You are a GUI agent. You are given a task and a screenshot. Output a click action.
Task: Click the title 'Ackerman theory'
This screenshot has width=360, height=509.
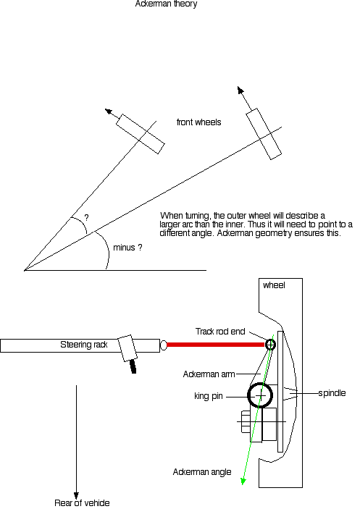click(166, 4)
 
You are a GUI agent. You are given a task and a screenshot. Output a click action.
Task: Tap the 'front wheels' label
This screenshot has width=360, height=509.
click(198, 122)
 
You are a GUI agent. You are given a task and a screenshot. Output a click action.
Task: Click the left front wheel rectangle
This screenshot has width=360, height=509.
click(141, 134)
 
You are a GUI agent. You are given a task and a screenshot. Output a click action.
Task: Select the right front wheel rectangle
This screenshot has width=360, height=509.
click(264, 134)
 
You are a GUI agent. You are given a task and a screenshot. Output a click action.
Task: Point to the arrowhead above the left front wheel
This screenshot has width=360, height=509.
click(109, 112)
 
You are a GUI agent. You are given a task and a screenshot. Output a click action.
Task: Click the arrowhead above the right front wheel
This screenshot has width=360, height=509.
click(240, 91)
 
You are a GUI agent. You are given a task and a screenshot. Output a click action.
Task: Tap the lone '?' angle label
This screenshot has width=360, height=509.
click(86, 217)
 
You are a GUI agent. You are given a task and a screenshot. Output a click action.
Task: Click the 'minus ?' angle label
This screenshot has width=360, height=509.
click(127, 248)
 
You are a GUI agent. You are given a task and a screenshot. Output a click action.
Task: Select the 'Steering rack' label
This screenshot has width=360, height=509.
click(84, 345)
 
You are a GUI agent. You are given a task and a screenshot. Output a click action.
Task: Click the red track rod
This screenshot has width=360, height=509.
click(216, 345)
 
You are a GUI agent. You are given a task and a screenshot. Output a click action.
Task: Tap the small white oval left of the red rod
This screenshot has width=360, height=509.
click(164, 345)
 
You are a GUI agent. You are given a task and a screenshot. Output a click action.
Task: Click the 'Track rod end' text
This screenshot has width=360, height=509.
click(220, 332)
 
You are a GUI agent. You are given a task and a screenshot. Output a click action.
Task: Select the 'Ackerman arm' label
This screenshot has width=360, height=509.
click(209, 374)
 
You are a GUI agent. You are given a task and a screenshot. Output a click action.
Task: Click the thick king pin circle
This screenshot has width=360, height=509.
click(260, 383)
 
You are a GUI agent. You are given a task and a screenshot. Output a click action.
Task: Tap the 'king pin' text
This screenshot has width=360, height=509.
click(209, 396)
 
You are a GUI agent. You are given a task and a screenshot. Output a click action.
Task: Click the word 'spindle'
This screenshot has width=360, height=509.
click(332, 393)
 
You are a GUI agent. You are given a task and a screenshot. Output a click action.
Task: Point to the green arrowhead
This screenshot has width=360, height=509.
click(243, 481)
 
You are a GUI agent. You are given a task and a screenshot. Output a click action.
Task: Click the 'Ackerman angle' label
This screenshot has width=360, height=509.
click(202, 471)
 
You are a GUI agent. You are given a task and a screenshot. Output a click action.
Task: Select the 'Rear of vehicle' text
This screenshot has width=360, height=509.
click(82, 502)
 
